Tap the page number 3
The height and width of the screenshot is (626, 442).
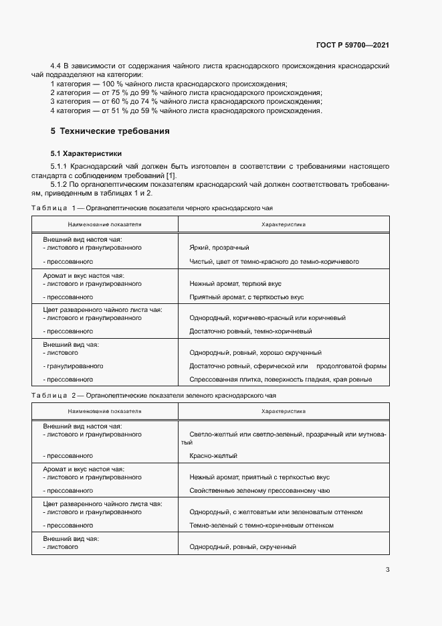tap(387, 570)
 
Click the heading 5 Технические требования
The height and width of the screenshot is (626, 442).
tap(110, 131)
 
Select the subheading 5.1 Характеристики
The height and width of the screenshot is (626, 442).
tap(86, 153)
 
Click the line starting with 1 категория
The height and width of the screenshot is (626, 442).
tap(169, 84)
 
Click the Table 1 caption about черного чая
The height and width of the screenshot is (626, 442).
tap(152, 208)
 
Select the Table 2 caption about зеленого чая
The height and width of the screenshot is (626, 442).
tap(153, 396)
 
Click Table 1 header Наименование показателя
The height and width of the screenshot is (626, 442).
tap(104, 224)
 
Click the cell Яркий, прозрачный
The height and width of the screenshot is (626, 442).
tap(219, 248)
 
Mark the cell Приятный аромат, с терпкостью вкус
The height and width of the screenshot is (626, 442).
tap(247, 297)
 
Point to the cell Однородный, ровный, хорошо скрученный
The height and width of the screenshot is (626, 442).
tap(255, 353)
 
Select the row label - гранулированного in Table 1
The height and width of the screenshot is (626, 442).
tap(72, 366)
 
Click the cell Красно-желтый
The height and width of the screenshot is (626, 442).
tap(213, 456)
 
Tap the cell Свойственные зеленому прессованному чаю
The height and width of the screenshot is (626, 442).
tap(260, 491)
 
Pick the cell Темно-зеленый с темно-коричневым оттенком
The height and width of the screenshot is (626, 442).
tap(261, 526)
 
